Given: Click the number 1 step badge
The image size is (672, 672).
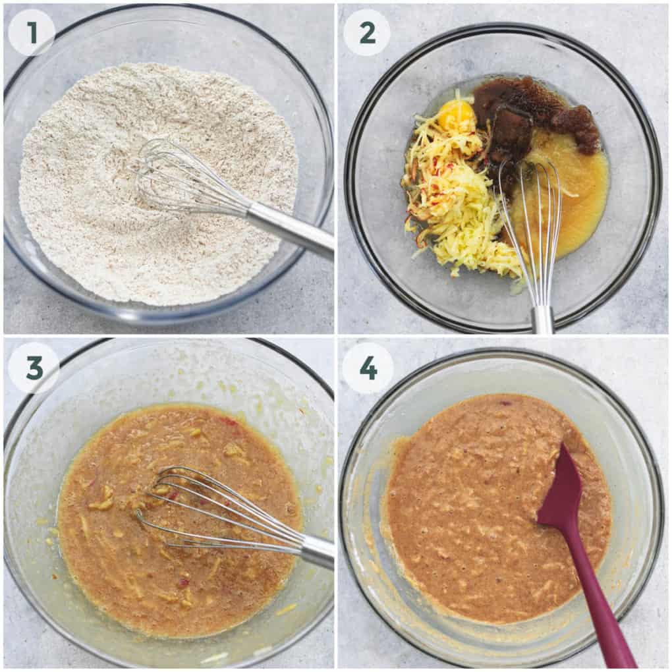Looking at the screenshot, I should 31,32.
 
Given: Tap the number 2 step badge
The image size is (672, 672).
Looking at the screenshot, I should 367,32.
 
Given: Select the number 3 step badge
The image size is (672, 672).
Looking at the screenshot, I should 34,368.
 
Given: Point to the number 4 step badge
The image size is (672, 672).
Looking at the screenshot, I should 368,368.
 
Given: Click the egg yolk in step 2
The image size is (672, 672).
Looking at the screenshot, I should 457,115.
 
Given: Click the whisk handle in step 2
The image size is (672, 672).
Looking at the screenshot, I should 542,320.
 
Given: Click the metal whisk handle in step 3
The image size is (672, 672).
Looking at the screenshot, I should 316,550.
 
